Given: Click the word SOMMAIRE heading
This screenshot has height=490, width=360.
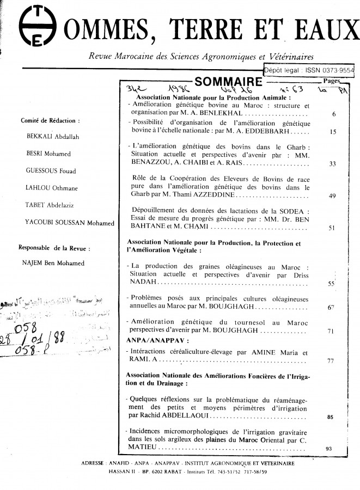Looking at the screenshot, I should coord(228,82).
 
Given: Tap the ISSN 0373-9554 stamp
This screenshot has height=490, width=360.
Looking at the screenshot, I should coord(308,70).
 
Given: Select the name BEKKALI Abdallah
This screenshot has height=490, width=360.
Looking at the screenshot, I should coord(53,136).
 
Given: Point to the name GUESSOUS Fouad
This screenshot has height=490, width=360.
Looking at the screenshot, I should coord(51,170).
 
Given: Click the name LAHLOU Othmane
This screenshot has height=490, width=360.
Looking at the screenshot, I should coord(51,188).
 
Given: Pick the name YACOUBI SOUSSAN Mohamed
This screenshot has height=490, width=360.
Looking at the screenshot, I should coord(70,222).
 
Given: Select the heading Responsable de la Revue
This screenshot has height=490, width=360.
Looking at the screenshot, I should coord(54,248).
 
